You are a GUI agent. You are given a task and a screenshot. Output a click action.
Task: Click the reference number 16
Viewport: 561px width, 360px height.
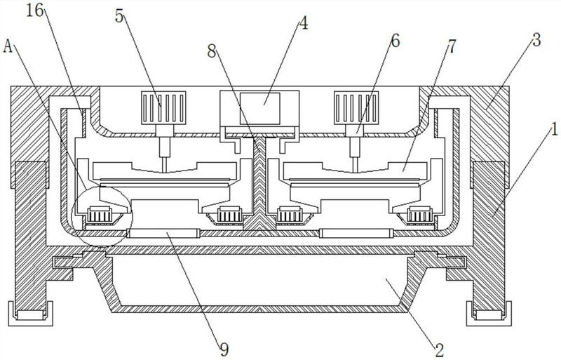click(x=34, y=11)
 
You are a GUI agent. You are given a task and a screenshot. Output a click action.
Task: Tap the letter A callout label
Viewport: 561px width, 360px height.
click(x=8, y=46)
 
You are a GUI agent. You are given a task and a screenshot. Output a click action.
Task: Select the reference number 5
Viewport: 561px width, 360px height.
click(x=119, y=16)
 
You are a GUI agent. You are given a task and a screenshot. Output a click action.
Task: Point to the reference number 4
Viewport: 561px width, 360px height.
click(x=303, y=23)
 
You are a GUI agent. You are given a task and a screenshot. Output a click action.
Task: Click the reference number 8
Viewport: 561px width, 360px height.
click(x=212, y=52)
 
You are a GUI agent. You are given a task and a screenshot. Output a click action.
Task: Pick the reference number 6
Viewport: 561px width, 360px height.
click(x=395, y=41)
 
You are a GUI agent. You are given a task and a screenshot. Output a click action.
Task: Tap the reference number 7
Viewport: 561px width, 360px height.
click(x=452, y=46)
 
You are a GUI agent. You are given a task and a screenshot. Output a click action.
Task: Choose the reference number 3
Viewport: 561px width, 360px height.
click(x=536, y=41)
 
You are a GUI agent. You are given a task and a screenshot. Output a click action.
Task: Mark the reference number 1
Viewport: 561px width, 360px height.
click(x=554, y=129)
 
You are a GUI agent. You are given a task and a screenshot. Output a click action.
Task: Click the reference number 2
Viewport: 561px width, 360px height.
click(x=440, y=349)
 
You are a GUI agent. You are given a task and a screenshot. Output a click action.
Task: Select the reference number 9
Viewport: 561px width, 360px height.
click(x=224, y=349)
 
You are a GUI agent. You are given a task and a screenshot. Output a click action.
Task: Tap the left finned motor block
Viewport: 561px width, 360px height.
click(x=163, y=108)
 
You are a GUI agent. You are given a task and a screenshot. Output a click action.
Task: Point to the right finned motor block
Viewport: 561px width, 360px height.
click(x=356, y=108)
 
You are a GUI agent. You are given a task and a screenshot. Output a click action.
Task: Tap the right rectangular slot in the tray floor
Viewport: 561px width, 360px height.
click(x=356, y=234)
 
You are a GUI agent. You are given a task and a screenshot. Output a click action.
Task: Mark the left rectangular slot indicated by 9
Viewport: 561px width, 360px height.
click(x=163, y=234)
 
